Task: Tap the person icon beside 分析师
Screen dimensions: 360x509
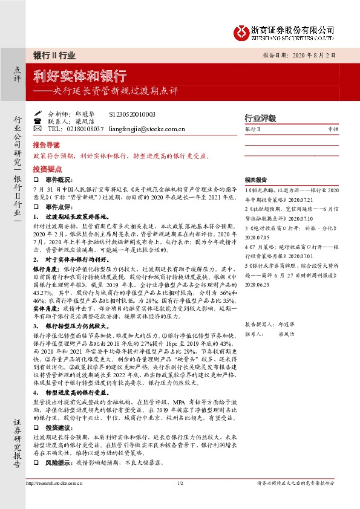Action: click(x=37, y=114)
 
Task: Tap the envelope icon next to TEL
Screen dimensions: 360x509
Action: click(x=37, y=129)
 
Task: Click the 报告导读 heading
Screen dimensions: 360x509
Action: click(x=47, y=146)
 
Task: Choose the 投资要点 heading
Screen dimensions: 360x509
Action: click(x=47, y=170)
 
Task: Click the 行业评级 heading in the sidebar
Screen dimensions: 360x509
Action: click(x=260, y=118)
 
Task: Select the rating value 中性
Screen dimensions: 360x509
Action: click(x=333, y=129)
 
